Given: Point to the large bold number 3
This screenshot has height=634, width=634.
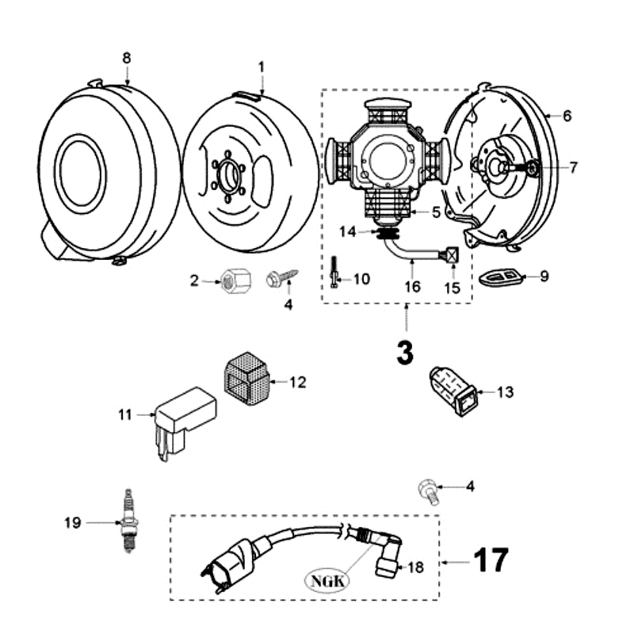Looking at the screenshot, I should coord(405,352).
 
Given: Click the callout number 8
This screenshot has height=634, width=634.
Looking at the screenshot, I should coord(126,59).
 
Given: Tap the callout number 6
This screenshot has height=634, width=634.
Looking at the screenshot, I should coord(567,115).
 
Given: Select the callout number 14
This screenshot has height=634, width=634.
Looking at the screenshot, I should coord(366,231).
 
